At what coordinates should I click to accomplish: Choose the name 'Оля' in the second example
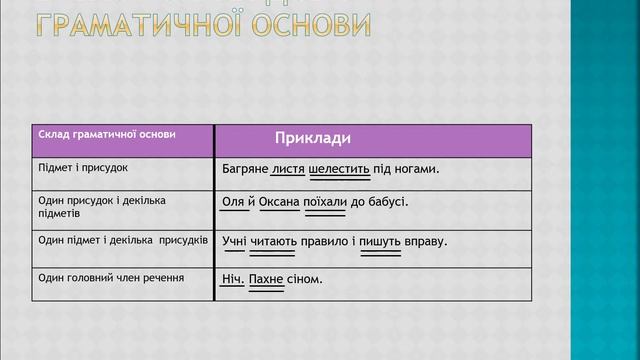(x=233, y=202)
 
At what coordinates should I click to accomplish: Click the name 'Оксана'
(x=279, y=202)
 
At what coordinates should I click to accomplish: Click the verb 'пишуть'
(x=380, y=241)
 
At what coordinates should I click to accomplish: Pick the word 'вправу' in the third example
(x=425, y=241)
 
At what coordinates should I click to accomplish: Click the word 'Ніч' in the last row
(x=231, y=278)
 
